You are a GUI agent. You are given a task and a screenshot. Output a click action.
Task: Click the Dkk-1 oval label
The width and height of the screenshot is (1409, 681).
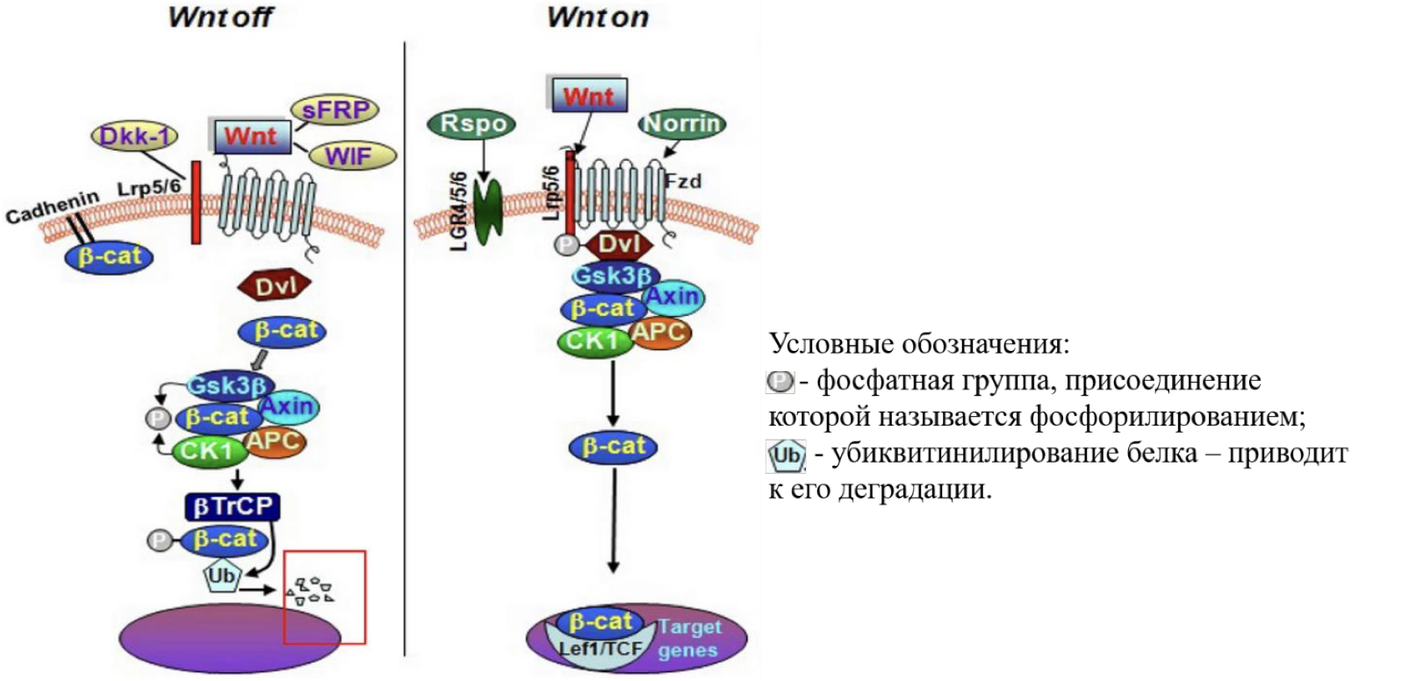[x=134, y=136]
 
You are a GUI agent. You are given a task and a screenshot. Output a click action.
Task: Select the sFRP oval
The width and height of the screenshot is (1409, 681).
[x=334, y=110]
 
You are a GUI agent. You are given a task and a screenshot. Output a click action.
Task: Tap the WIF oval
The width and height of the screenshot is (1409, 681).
[x=350, y=156]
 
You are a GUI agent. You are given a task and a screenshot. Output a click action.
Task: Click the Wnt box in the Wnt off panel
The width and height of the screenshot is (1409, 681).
[x=252, y=137]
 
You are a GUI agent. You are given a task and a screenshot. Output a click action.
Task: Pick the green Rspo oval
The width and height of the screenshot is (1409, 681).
[x=471, y=124]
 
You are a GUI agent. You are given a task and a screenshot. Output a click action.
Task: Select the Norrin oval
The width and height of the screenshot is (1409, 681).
[x=682, y=125]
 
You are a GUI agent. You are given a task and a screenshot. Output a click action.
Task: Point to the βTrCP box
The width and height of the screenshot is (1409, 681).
[x=233, y=506]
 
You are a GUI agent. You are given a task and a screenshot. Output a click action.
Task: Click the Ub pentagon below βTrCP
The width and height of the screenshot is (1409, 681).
[x=221, y=576]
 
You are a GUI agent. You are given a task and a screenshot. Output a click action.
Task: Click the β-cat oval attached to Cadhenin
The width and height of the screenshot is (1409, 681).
[x=110, y=257]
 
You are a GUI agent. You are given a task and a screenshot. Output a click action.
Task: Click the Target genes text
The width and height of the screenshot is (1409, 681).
[x=689, y=639]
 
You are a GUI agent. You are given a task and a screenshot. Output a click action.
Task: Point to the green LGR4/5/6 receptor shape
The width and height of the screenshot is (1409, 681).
[x=487, y=210]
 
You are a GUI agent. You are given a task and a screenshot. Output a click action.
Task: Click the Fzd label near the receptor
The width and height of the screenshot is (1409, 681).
[x=683, y=181]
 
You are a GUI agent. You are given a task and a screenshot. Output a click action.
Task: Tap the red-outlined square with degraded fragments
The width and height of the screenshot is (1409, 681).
[x=324, y=597]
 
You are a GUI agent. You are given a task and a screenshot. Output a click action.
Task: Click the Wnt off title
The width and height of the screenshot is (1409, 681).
[x=220, y=17]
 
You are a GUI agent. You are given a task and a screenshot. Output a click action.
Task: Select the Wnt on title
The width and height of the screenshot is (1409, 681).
[x=598, y=17]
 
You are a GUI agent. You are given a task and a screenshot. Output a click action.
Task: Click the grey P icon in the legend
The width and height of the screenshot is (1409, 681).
[x=780, y=382]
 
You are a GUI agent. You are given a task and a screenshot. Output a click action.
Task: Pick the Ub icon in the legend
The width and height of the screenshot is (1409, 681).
[x=786, y=455]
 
